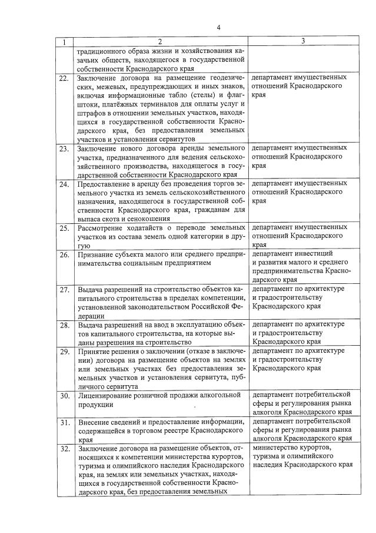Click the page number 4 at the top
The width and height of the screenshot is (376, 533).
coord(218,28)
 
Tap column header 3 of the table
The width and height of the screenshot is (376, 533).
coord(302,41)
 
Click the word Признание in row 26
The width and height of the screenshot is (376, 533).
coord(95,254)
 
